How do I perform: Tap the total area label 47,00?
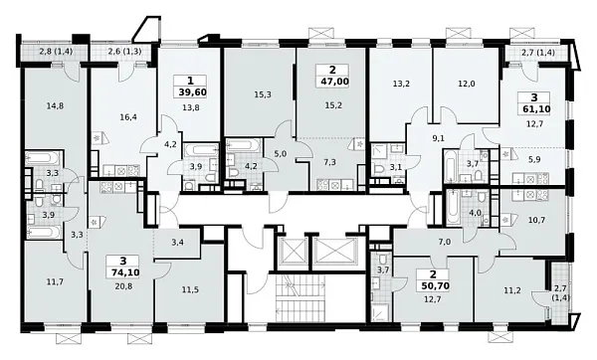point(332,82)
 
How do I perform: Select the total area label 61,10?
point(535,109)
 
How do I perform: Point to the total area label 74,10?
point(123,272)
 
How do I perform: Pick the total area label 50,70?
point(434,285)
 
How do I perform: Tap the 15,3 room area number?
point(263,94)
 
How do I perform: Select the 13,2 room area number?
point(401,84)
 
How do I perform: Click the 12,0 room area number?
point(467,84)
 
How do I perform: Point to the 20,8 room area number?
point(123,286)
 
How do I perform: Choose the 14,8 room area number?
point(55,105)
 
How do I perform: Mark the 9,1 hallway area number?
point(439,138)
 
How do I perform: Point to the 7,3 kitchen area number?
point(329,162)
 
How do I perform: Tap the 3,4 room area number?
point(178,241)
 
